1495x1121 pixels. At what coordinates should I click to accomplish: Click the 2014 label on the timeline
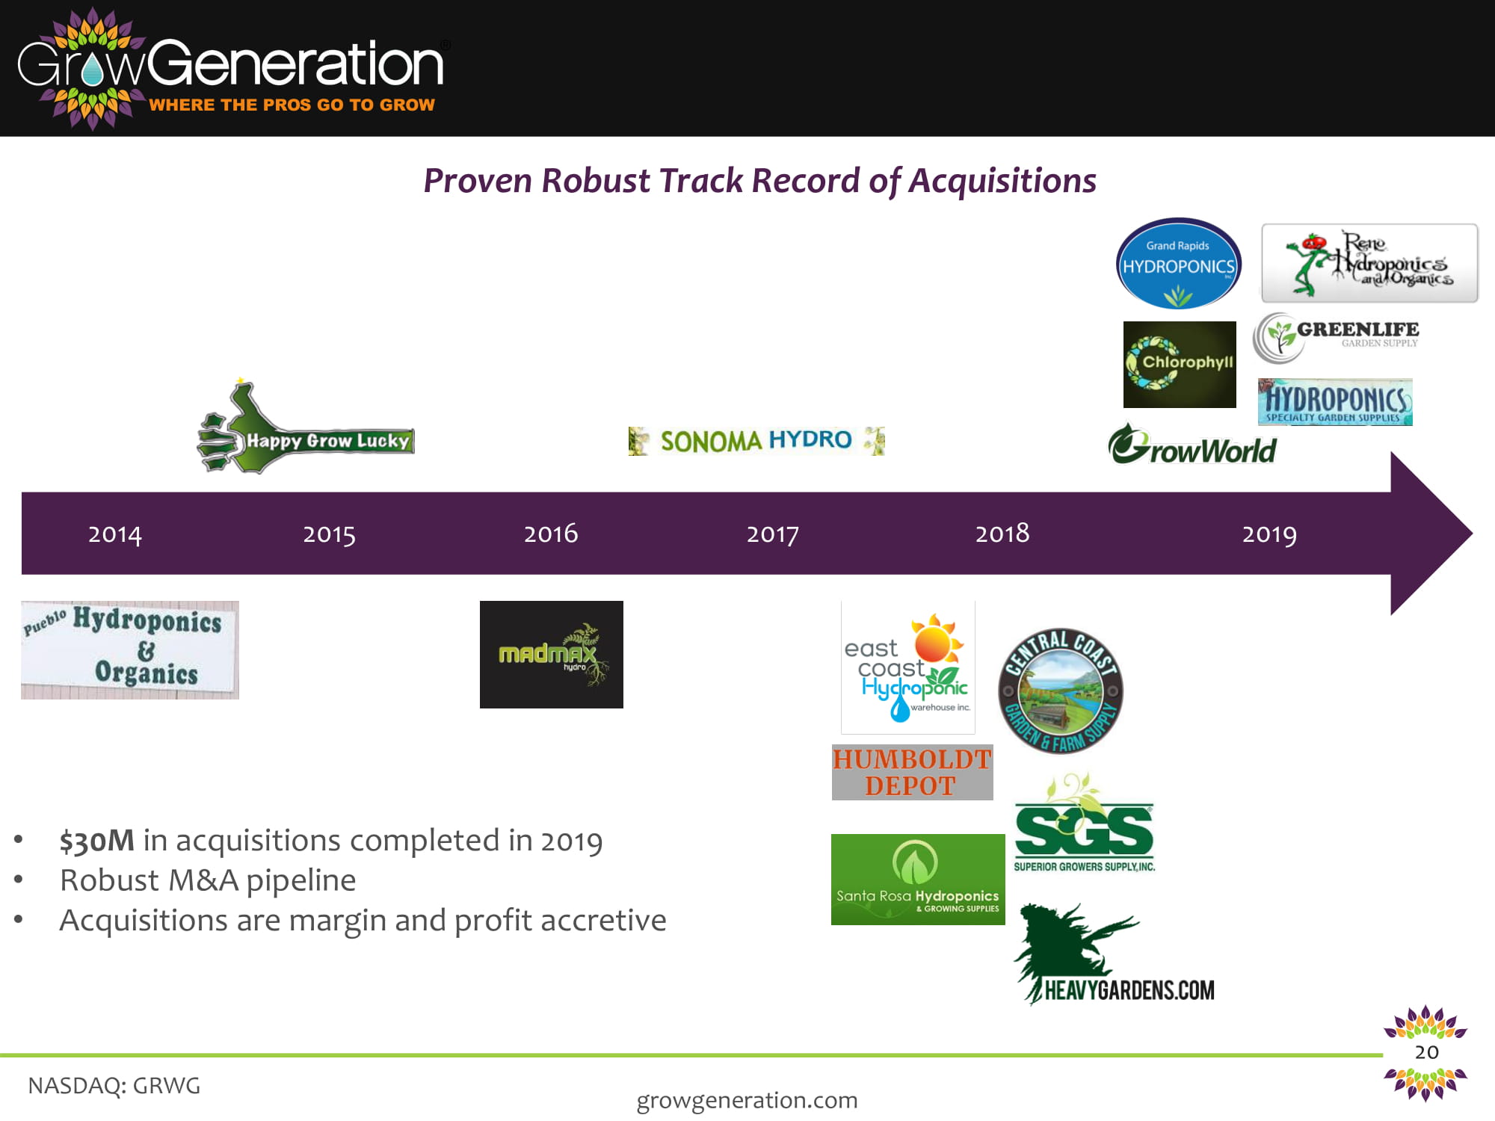(114, 534)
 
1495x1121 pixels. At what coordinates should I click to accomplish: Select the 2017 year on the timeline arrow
(772, 534)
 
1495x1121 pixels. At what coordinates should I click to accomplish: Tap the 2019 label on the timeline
(1269, 534)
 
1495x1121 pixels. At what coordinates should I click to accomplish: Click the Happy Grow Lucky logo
(305, 427)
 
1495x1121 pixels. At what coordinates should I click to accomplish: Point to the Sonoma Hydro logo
(756, 441)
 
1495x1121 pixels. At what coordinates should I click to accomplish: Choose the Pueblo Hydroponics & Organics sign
(130, 650)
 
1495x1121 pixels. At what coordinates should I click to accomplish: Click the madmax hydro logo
(552, 655)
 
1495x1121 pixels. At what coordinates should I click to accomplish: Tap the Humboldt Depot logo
(912, 772)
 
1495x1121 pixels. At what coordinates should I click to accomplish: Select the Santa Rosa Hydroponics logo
(918, 880)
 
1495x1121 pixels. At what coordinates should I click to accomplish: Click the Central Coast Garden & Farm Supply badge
(1061, 691)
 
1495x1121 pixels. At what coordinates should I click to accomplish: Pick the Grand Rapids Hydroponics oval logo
(1179, 264)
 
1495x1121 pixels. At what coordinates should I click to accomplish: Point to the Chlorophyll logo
(1180, 365)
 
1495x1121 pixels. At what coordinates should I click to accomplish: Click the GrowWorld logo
(1192, 445)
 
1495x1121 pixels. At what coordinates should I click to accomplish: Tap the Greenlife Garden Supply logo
(1336, 337)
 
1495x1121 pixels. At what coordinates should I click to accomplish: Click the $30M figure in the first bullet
(97, 841)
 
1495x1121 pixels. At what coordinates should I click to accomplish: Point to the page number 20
(1426, 1052)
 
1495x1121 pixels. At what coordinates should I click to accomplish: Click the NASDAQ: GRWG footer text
(114, 1085)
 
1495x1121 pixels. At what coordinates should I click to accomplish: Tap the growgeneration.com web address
(747, 1101)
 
